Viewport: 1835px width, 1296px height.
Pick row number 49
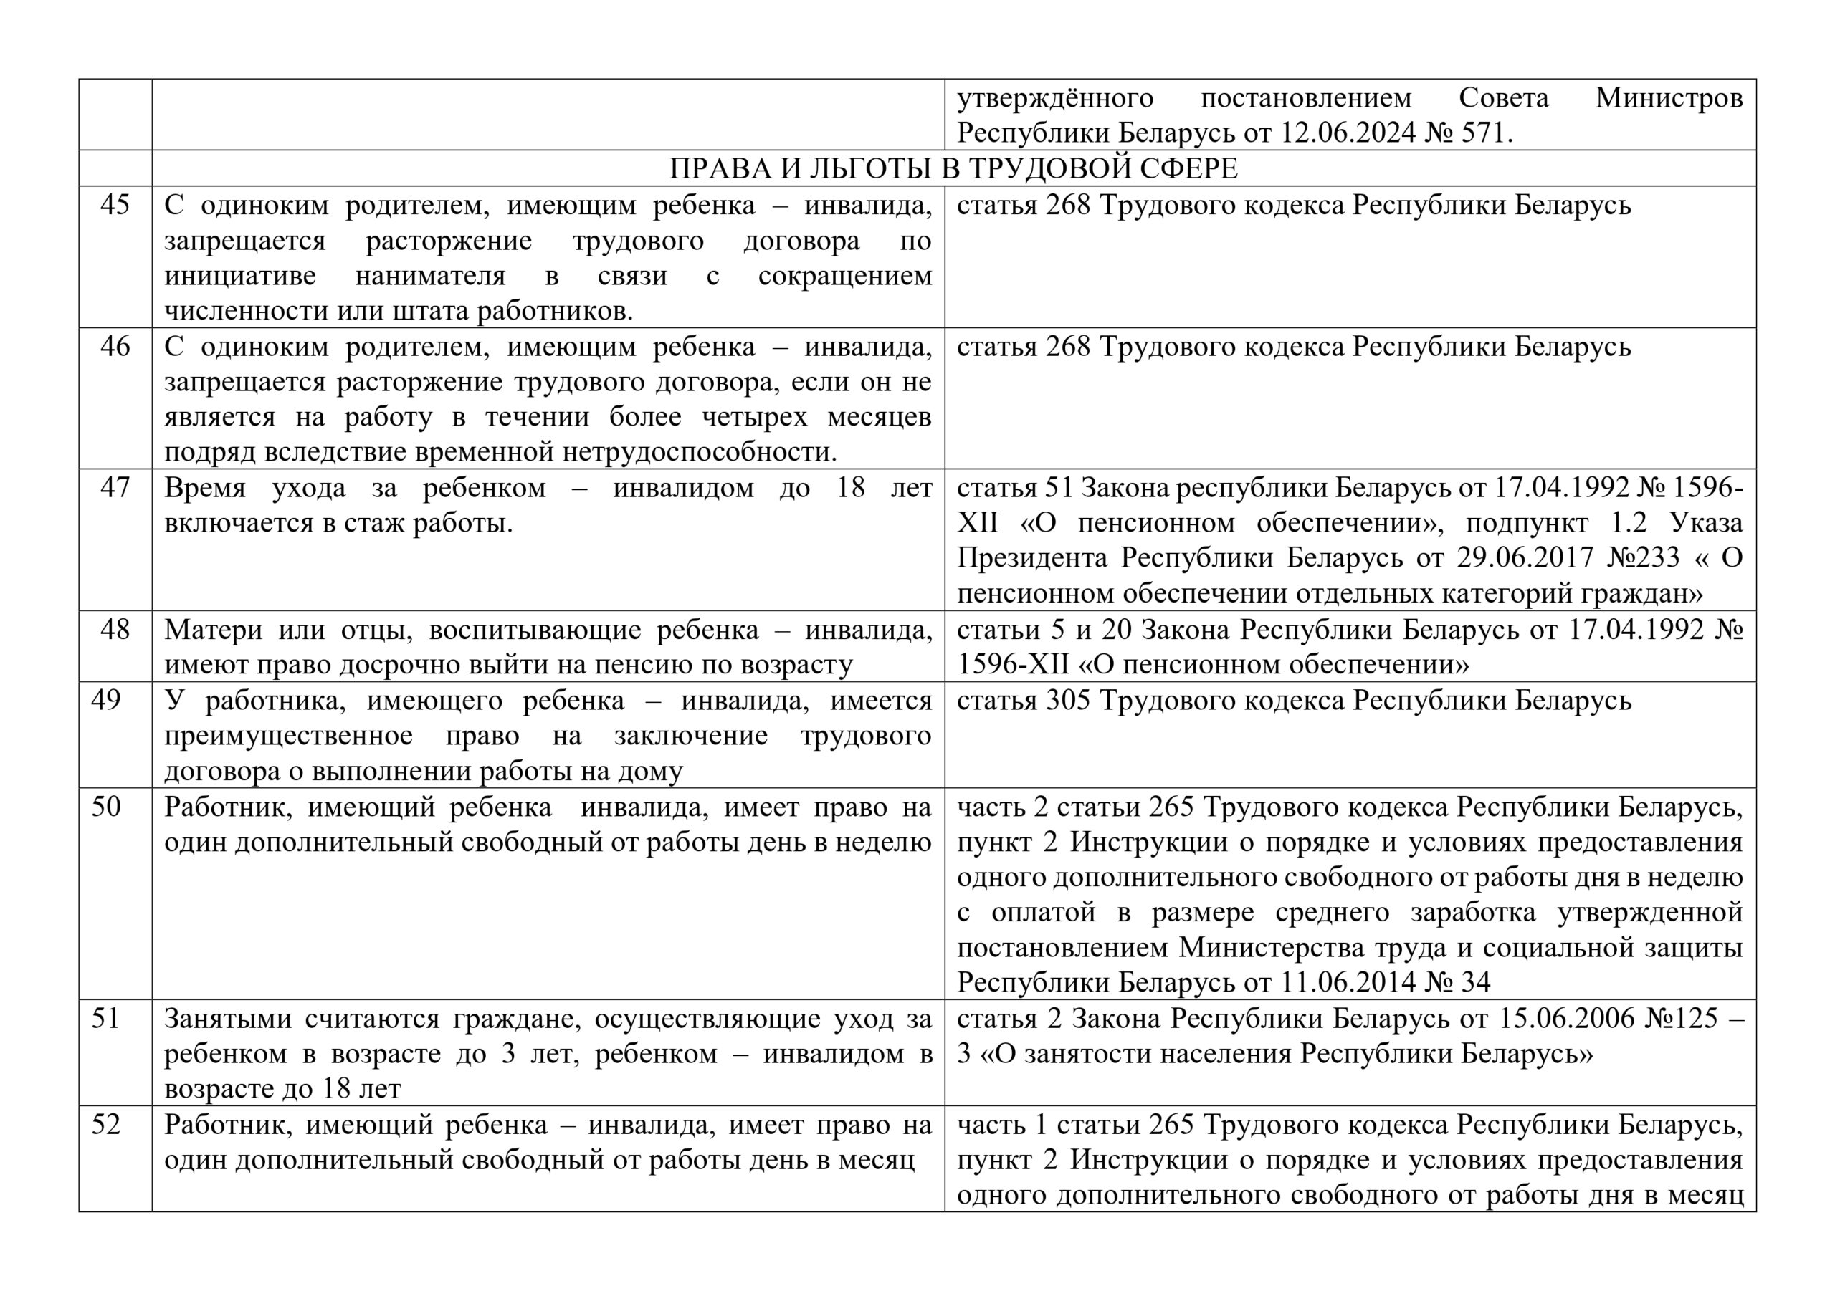(x=105, y=700)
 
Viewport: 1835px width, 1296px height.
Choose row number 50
(x=105, y=806)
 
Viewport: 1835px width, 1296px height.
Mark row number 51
(x=105, y=1019)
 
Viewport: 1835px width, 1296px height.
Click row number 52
(x=105, y=1124)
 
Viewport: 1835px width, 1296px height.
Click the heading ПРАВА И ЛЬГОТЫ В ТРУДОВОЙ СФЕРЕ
(x=953, y=168)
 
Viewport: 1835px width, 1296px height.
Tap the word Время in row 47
(x=204, y=487)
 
